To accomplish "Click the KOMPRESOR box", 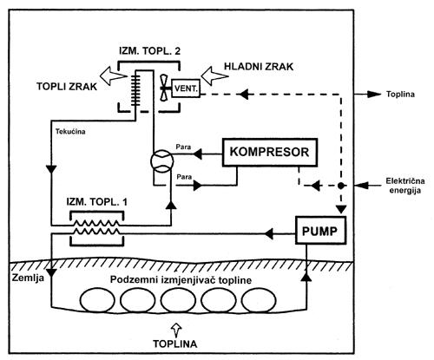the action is tap(270, 153).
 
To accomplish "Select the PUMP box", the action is tap(320, 231).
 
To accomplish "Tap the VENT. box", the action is tap(186, 88).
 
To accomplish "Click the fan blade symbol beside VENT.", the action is tap(164, 88).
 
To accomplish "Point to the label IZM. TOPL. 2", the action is tap(150, 51).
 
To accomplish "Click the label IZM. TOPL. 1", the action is tap(97, 201).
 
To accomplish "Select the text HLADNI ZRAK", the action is tap(259, 67).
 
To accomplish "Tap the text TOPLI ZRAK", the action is tap(67, 87).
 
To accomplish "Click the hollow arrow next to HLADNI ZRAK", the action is tap(214, 75).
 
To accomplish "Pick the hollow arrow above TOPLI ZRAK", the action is tap(113, 75).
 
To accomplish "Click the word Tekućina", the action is tap(70, 132).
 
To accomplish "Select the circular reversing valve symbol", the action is tap(162, 161).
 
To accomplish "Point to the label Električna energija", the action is tap(405, 186).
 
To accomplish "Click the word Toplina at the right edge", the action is tap(401, 94).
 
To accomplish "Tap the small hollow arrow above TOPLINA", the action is tap(175, 330).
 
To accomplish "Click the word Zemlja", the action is tap(28, 278).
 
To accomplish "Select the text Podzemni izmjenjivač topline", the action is tap(181, 280).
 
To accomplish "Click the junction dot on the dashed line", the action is tap(341, 186).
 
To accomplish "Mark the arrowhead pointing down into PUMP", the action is tap(341, 209).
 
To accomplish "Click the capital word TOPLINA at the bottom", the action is tap(175, 344).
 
